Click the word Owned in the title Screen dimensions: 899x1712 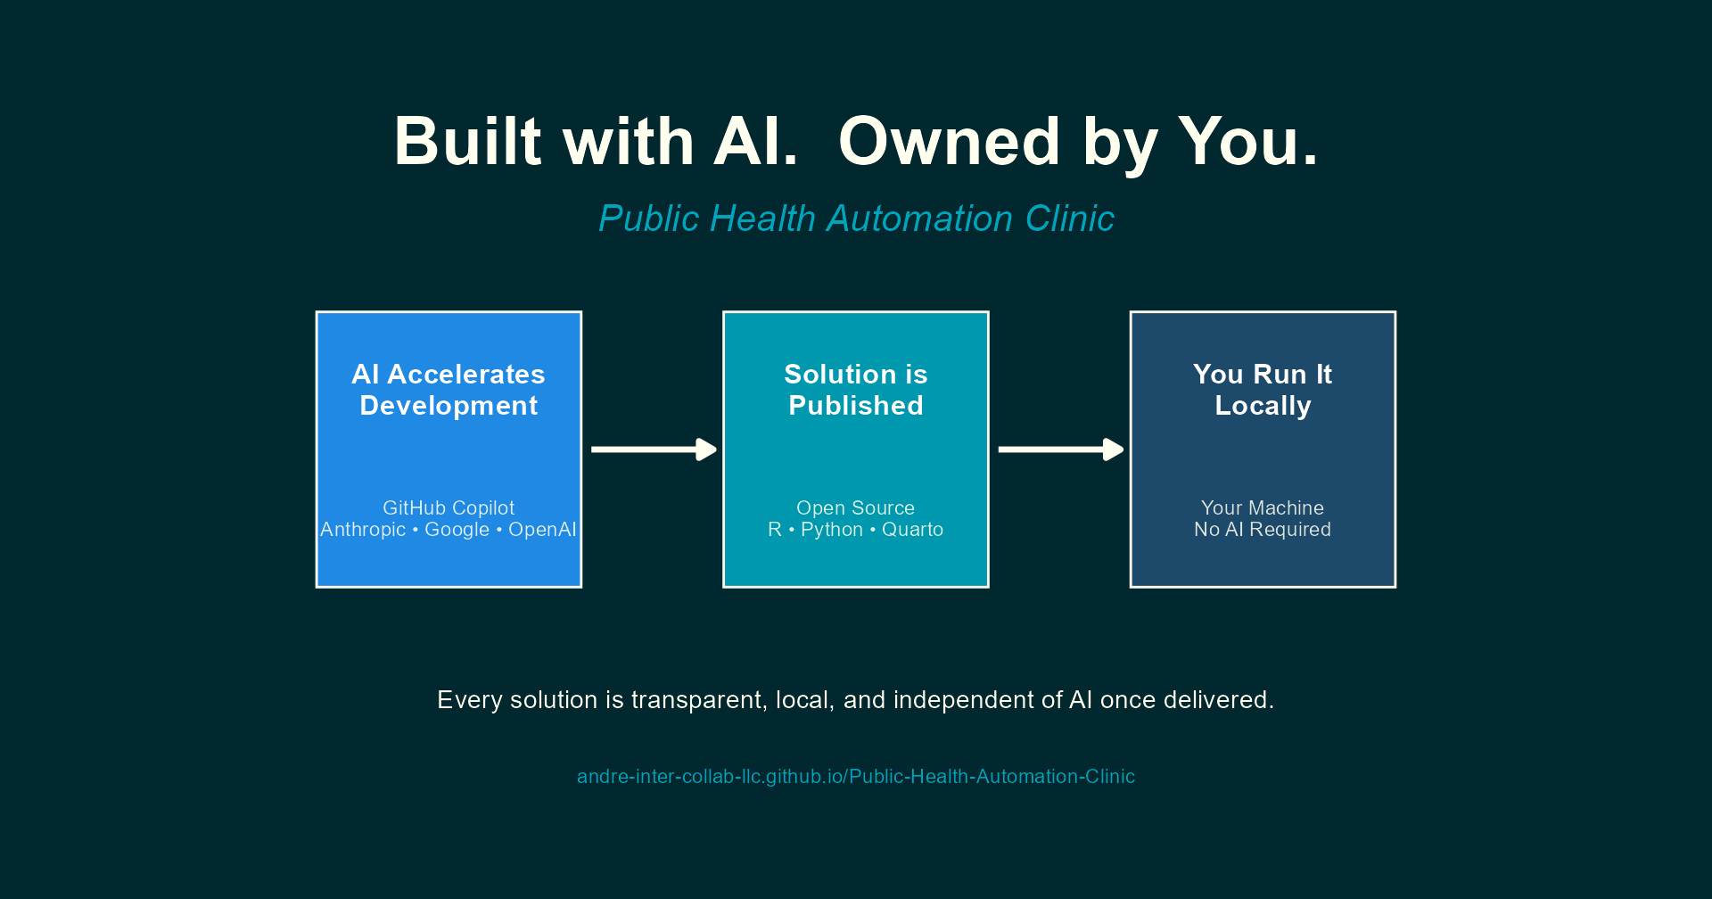click(949, 143)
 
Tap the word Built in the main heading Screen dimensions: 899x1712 click(467, 143)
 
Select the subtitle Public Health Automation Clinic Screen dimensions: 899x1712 click(856, 219)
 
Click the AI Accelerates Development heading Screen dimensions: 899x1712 click(449, 390)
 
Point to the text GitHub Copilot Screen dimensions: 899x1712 click(449, 507)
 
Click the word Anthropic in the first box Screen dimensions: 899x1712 click(363, 530)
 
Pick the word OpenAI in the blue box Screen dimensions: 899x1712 click(542, 530)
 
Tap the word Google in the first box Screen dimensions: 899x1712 click(457, 530)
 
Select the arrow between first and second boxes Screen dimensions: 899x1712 click(654, 449)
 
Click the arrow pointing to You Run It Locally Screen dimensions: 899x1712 click(1060, 449)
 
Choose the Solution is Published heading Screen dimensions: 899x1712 click(856, 390)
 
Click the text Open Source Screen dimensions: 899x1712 click(856, 507)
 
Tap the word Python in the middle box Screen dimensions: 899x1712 click(832, 530)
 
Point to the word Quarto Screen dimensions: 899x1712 click(912, 530)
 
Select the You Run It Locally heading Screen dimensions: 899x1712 click(1263, 390)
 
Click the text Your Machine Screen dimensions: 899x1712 click(1263, 507)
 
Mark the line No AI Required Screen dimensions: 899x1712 click(1263, 530)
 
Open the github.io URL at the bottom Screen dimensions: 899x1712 click(856, 777)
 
